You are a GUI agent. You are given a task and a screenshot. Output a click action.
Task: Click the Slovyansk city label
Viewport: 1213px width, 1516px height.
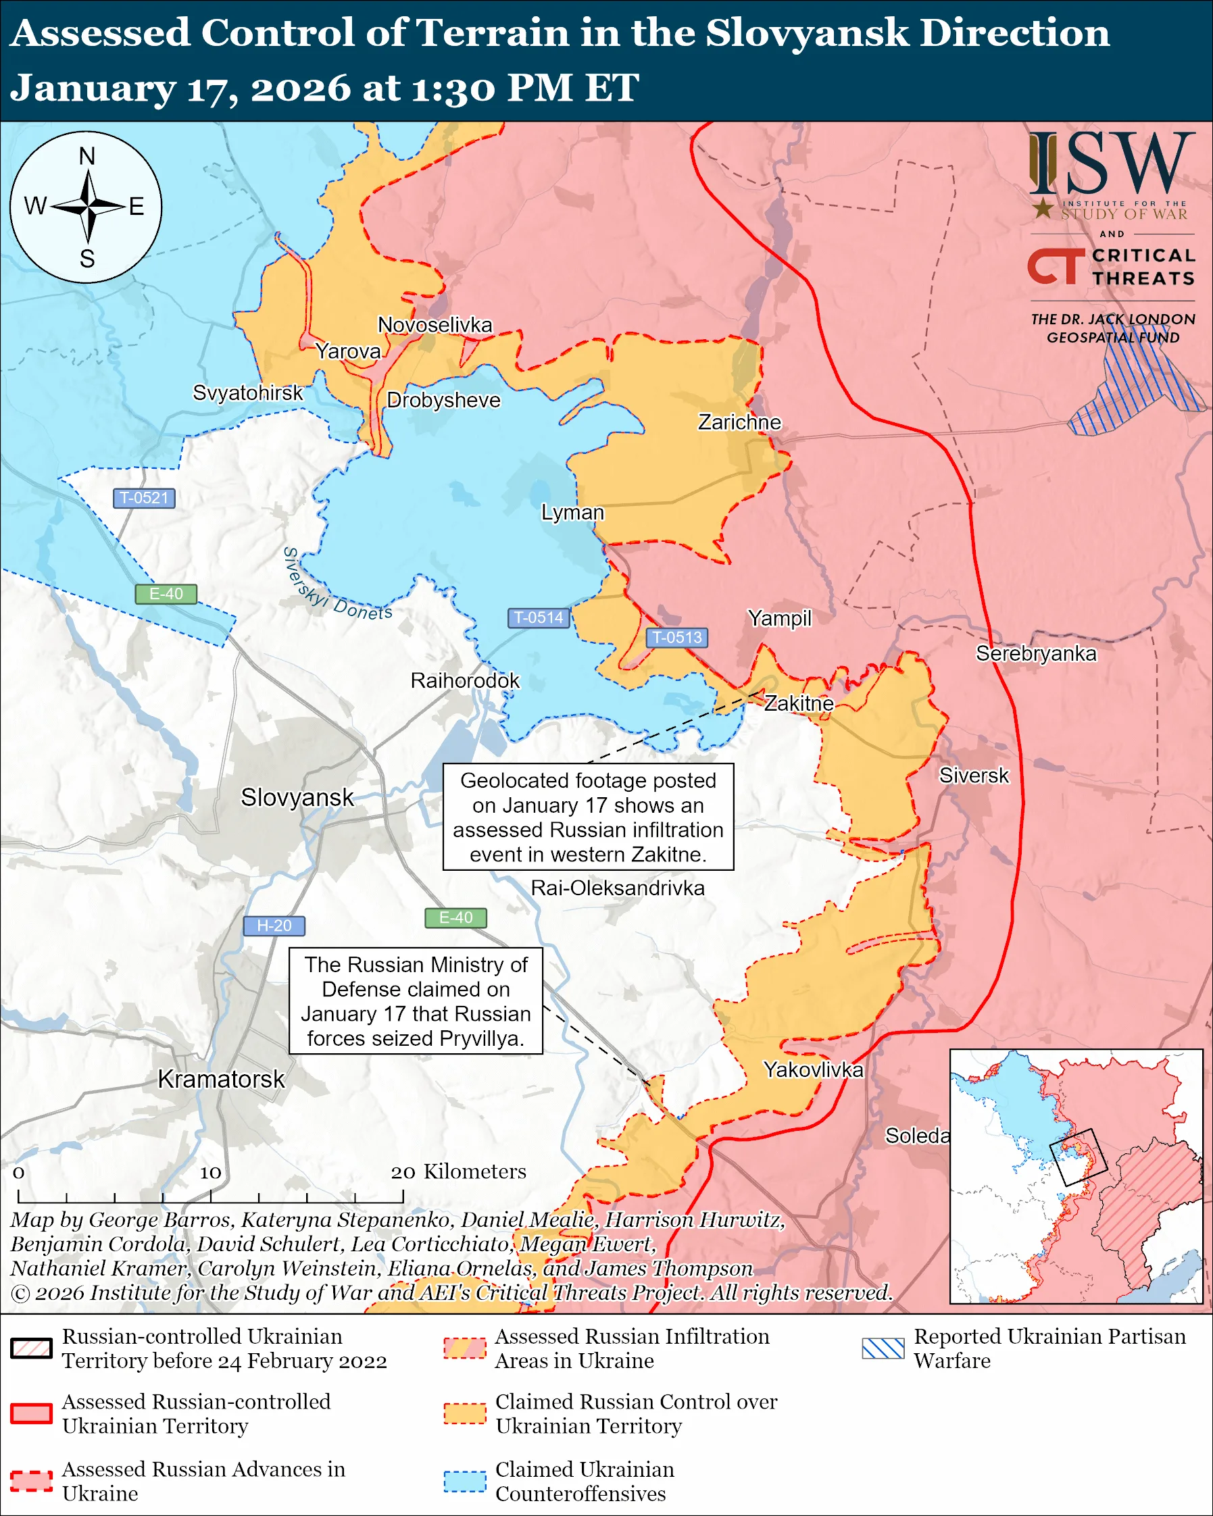coord(297,797)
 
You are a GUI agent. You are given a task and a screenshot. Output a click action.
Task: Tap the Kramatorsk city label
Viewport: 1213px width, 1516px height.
coord(221,1079)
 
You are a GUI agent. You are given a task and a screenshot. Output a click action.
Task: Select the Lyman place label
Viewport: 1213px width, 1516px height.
coord(572,512)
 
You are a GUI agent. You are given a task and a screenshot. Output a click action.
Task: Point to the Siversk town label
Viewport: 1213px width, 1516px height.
coord(973,776)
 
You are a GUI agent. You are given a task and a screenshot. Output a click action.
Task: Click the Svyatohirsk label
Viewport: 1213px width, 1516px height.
coord(247,393)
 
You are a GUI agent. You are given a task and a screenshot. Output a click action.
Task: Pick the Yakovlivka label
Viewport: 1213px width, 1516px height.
coord(813,1069)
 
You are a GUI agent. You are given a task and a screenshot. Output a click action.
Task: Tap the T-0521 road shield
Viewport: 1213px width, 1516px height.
coord(144,498)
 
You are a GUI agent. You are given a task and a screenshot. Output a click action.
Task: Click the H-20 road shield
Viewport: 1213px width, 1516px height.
coord(274,926)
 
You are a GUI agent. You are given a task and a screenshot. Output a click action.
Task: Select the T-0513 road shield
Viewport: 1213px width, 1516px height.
coord(676,637)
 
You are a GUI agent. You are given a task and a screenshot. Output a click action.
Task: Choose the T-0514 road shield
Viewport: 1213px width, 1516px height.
coord(538,617)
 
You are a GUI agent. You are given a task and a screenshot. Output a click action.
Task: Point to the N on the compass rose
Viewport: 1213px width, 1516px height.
coord(86,156)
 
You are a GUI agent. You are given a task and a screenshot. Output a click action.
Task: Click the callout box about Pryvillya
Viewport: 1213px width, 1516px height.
coord(416,1001)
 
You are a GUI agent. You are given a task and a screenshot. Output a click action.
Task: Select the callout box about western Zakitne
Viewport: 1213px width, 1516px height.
coord(588,817)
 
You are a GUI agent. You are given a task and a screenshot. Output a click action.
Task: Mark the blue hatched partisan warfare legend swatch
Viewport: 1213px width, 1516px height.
coord(883,1348)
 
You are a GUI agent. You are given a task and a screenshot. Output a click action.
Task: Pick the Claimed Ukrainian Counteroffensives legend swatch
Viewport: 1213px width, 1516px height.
coord(465,1481)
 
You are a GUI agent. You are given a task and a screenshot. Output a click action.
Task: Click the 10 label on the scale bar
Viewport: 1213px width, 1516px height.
coord(210,1172)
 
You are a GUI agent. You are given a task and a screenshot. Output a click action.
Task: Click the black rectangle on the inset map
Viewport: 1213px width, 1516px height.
coord(1077,1157)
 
